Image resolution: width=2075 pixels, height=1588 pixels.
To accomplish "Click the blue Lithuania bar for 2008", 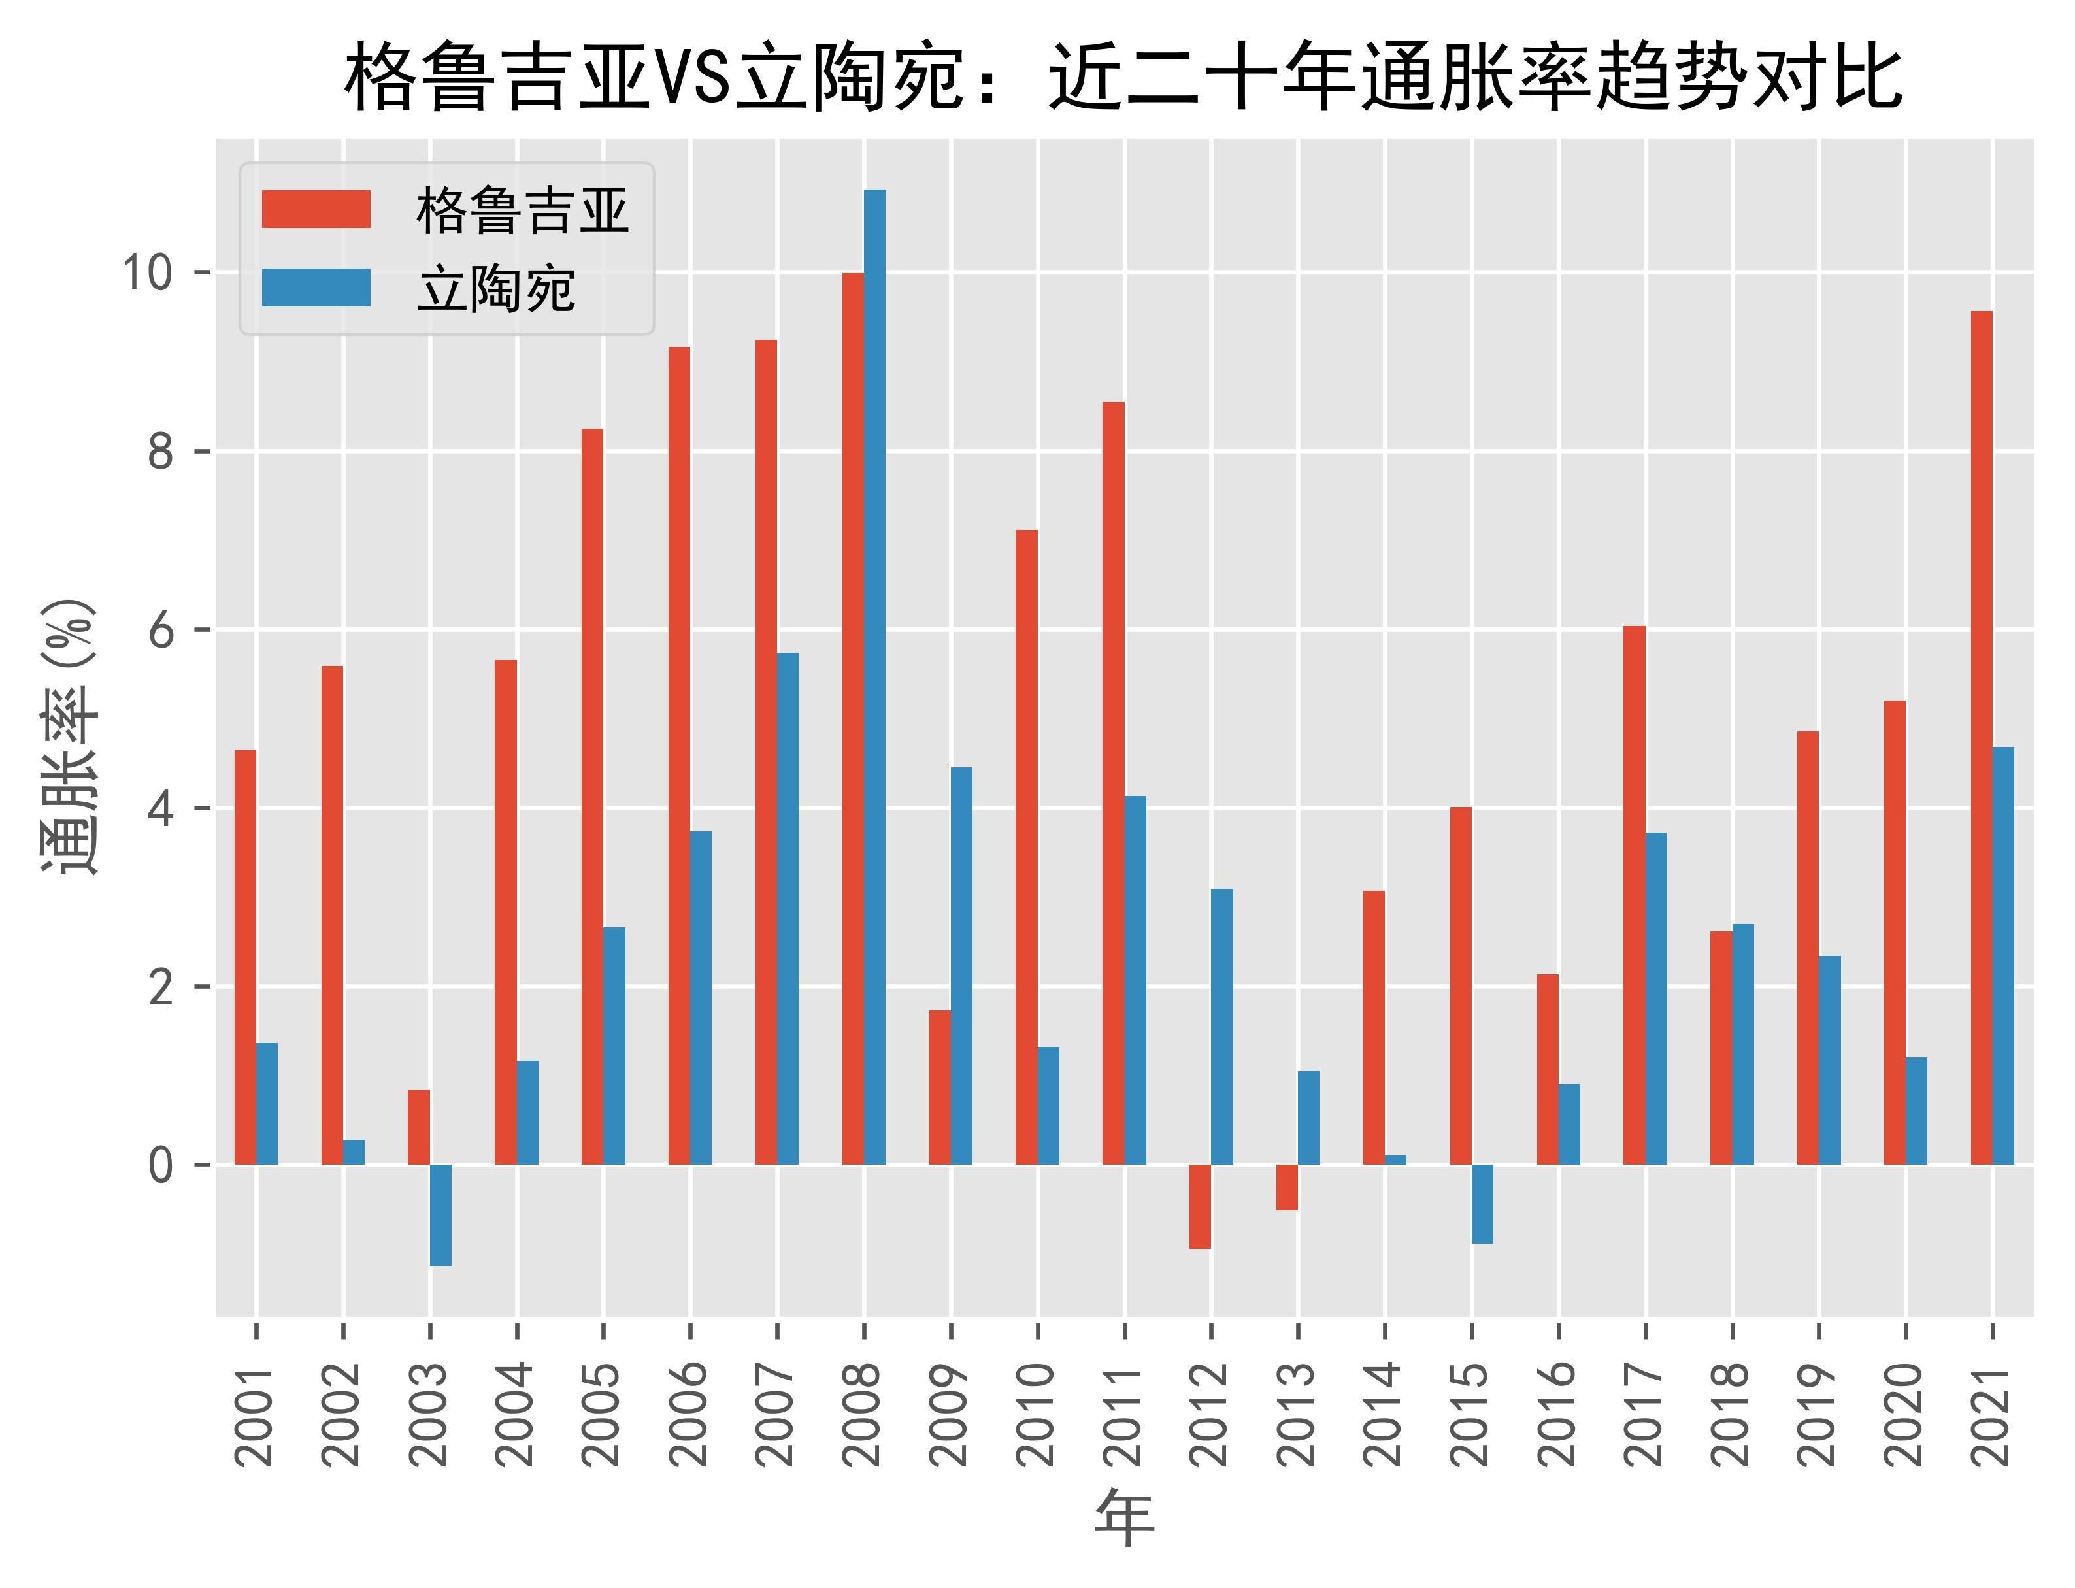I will click(x=874, y=676).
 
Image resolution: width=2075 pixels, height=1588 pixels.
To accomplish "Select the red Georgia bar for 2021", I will click(x=1982, y=737).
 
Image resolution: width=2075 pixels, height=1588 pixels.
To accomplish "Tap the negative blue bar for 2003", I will click(x=440, y=1215).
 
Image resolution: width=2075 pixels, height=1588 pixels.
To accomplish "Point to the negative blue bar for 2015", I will click(x=1482, y=1203).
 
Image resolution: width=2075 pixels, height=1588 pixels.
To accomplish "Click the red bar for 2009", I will click(x=940, y=1087).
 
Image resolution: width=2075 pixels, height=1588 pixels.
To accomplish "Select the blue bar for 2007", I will click(x=788, y=908).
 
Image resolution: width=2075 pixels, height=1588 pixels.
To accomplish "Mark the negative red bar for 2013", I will click(x=1287, y=1186).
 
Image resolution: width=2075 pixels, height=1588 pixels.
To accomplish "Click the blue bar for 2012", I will click(x=1221, y=1025).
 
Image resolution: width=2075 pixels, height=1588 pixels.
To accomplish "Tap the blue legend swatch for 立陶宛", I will click(x=316, y=288).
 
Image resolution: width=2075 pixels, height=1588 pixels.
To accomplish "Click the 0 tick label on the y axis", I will click(x=161, y=1165).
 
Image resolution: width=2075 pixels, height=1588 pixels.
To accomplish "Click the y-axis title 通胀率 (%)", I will click(x=68, y=737).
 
